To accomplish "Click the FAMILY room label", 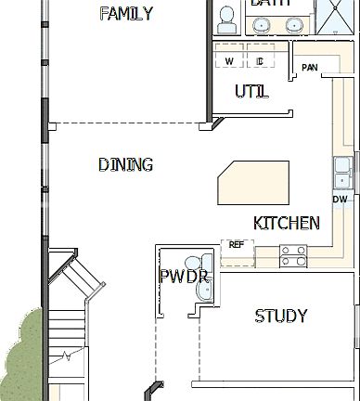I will pyautogui.click(x=125, y=14).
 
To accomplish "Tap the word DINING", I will pyautogui.click(x=125, y=165).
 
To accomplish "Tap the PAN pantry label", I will pyautogui.click(x=309, y=68).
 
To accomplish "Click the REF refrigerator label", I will pyautogui.click(x=237, y=245).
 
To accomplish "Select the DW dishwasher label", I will pyautogui.click(x=340, y=200).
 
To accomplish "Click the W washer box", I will pyautogui.click(x=229, y=61).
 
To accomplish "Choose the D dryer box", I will pyautogui.click(x=261, y=61).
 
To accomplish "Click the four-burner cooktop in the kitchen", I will pyautogui.click(x=293, y=255).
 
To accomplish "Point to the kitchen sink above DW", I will pyautogui.click(x=341, y=173).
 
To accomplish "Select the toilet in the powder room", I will pyautogui.click(x=192, y=265).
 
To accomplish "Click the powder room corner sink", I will pyautogui.click(x=203, y=291).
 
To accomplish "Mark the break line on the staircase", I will pyautogui.click(x=65, y=356).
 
